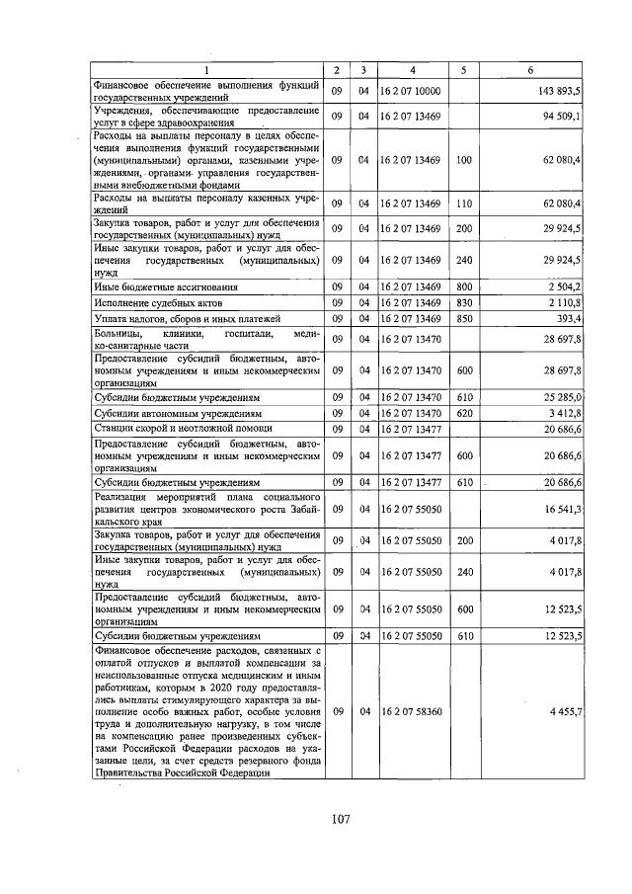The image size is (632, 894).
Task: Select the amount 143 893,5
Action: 558,91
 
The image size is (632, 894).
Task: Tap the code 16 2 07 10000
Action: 410,91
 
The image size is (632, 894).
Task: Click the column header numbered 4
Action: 412,69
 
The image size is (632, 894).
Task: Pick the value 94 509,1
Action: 561,117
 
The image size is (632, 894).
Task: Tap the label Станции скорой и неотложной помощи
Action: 183,428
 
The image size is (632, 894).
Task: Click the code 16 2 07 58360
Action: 410,711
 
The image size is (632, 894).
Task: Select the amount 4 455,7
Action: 567,711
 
